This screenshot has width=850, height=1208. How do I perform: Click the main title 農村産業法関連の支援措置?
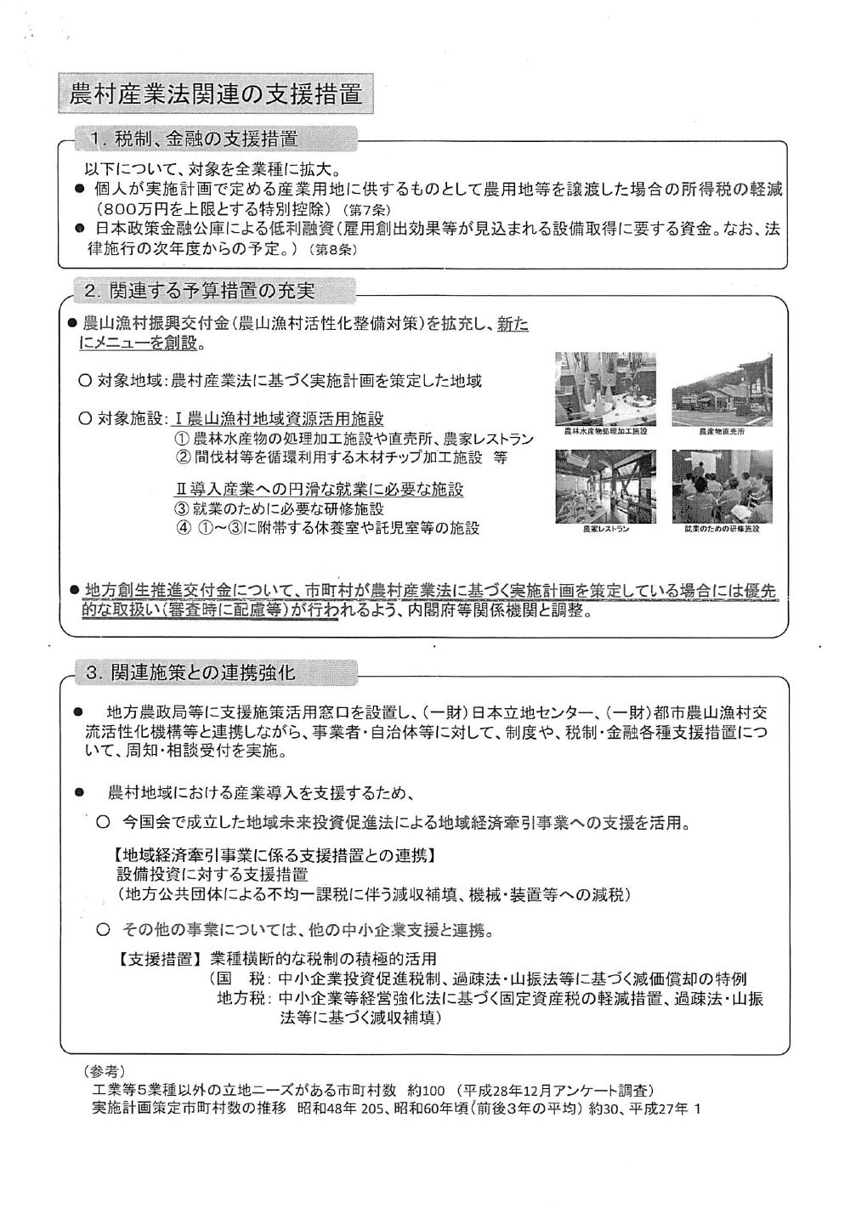tap(215, 94)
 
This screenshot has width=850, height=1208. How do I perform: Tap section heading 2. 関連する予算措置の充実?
tap(200, 292)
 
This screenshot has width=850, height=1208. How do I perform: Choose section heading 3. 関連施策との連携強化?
tap(190, 673)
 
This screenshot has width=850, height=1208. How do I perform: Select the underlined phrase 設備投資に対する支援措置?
tap(212, 875)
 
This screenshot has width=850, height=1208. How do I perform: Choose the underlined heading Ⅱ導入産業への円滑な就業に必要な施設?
tap(319, 491)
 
